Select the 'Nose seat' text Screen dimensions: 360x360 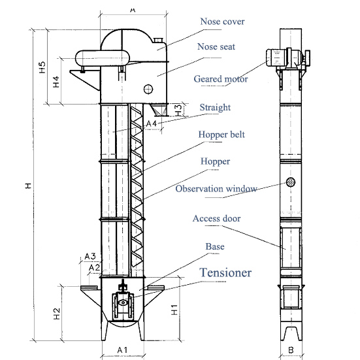[x=216, y=47]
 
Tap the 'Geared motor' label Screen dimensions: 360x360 [x=220, y=79]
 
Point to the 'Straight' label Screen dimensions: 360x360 [x=215, y=107]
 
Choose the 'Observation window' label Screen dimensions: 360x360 [x=216, y=189]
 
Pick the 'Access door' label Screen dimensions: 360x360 [x=216, y=218]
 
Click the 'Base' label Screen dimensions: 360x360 [x=215, y=246]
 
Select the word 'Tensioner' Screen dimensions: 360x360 [x=225, y=272]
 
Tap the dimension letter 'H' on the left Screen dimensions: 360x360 [x=28, y=186]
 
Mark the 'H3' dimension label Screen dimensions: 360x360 [x=178, y=108]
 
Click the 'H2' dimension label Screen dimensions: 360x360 [x=57, y=314]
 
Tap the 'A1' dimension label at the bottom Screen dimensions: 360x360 [x=122, y=350]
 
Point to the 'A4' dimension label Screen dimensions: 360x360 [x=151, y=123]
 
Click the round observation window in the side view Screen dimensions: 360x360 [x=291, y=182]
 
